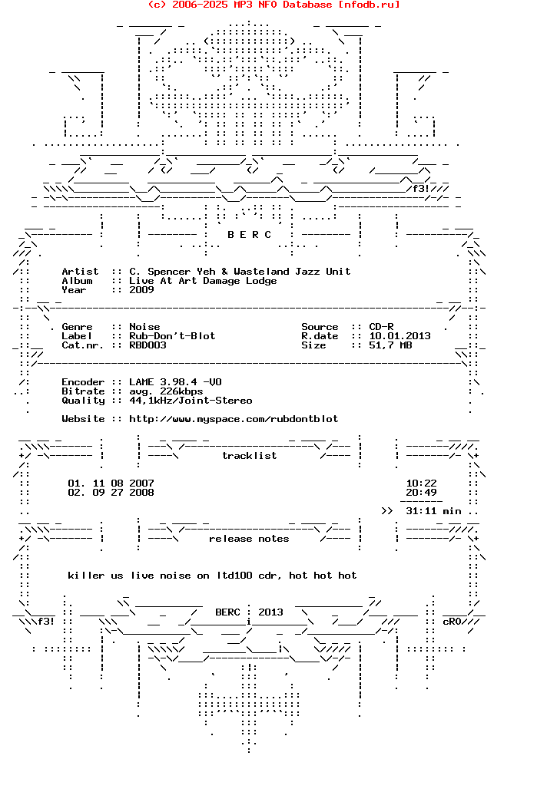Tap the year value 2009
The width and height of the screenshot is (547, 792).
pos(141,290)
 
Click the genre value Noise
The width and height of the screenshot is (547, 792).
pos(144,327)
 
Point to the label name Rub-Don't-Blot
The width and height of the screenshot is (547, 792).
pos(172,336)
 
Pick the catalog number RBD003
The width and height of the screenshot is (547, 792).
pos(148,345)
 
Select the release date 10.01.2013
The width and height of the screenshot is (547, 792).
pos(399,336)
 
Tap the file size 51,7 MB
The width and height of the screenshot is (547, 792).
pos(390,345)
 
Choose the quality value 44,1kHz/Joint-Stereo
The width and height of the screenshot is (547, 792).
pos(191,401)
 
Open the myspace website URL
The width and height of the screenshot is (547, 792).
pos(234,419)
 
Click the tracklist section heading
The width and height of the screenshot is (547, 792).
pos(249,456)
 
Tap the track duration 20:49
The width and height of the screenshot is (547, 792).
pos(421,493)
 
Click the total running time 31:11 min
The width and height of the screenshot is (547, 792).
pos(433,511)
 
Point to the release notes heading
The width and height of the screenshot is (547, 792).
pos(249,539)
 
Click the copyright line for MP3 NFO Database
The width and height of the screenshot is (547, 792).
pos(273,5)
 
